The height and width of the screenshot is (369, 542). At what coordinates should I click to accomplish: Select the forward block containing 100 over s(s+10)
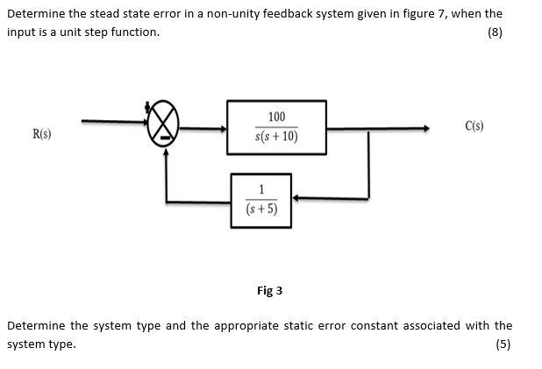click(276, 127)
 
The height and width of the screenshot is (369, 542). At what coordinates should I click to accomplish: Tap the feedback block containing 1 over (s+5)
click(261, 200)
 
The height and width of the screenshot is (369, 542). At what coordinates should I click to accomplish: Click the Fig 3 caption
click(269, 291)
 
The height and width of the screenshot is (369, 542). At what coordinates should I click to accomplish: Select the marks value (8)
click(496, 32)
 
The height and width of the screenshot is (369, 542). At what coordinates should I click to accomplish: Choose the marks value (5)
click(503, 344)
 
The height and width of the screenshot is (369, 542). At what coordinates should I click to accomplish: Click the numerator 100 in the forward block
click(276, 117)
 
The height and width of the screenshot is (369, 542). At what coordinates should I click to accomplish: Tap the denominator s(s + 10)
click(276, 138)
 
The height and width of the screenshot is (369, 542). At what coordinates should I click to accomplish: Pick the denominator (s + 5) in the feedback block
click(261, 209)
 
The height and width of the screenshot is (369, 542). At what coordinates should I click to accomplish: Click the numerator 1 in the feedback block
click(261, 190)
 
